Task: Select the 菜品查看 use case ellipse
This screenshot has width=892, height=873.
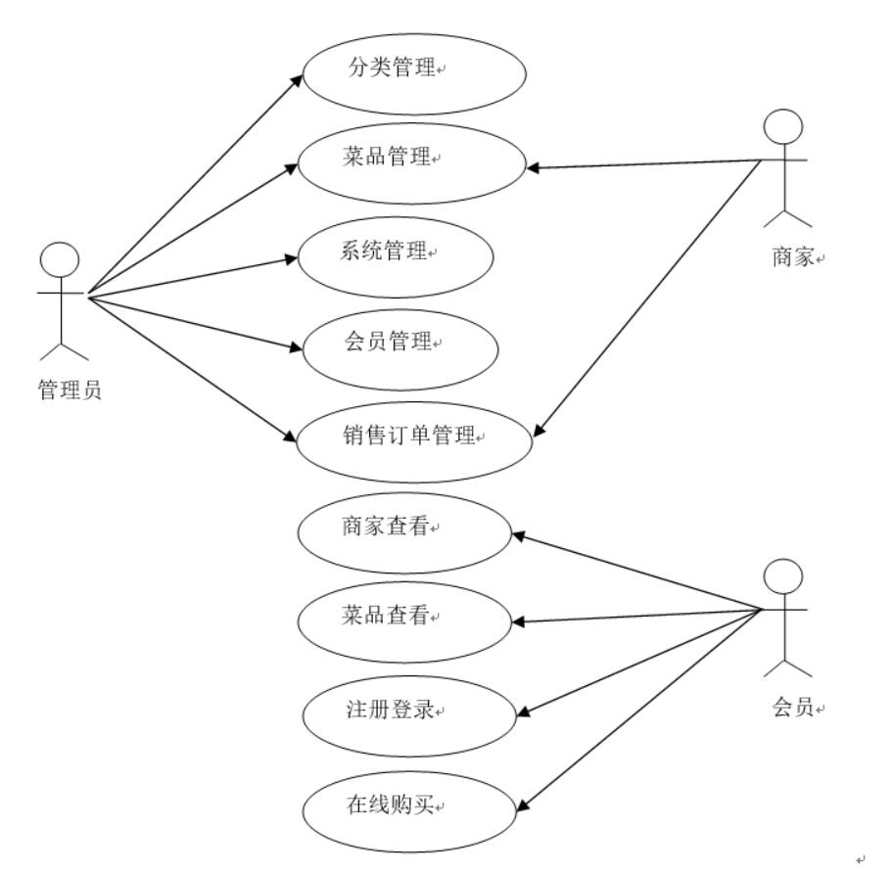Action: [x=404, y=621]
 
